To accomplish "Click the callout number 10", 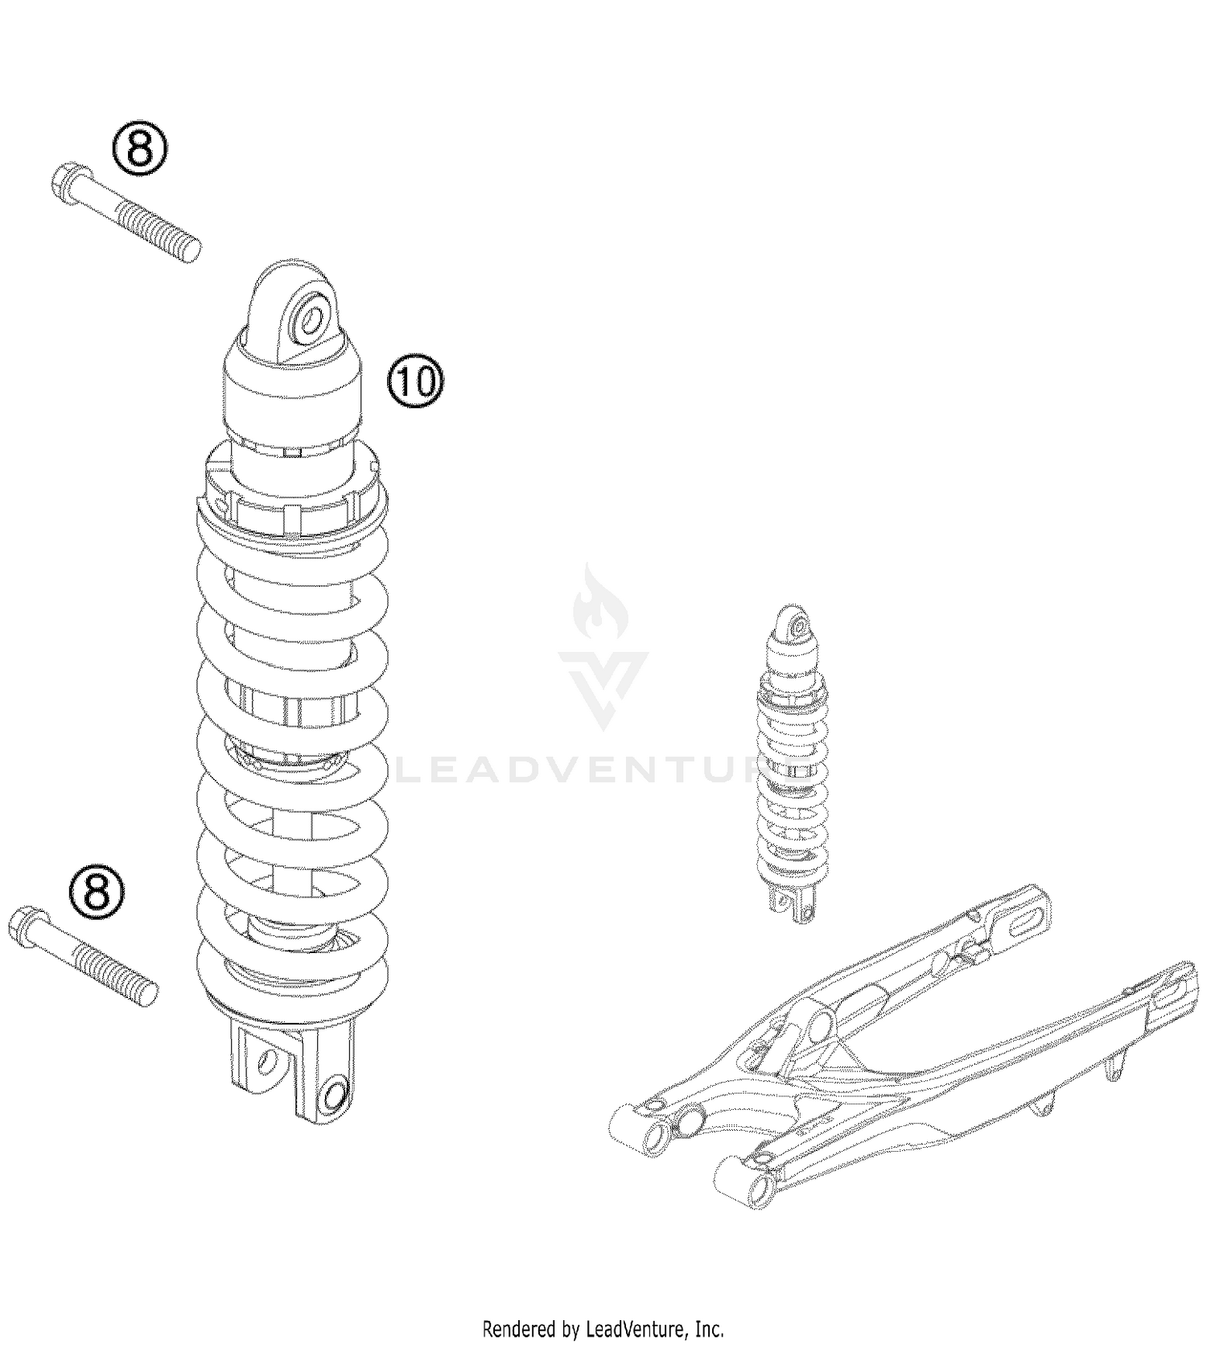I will pyautogui.click(x=416, y=381).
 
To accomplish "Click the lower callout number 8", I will pyautogui.click(x=97, y=891).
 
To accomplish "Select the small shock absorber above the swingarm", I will pyautogui.click(x=793, y=765).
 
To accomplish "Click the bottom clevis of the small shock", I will pyautogui.click(x=793, y=906).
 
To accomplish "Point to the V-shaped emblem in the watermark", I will pyautogui.click(x=603, y=688).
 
